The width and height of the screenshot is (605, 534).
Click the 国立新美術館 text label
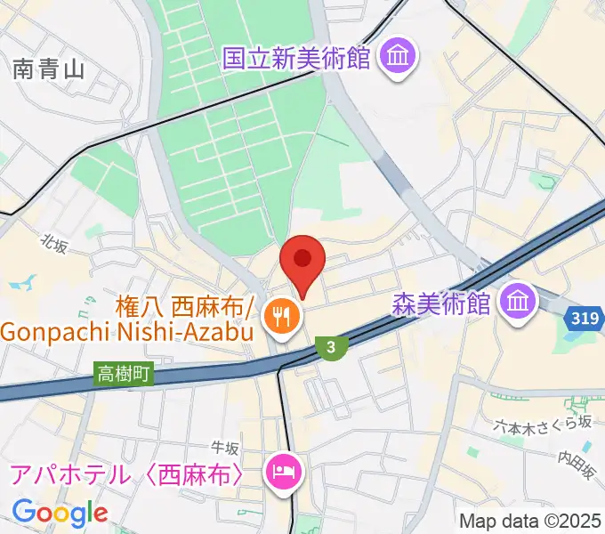(x=295, y=59)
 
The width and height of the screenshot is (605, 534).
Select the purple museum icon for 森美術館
(x=517, y=303)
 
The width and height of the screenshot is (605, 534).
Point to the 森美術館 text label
(x=441, y=304)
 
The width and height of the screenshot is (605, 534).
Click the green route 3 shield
(x=330, y=347)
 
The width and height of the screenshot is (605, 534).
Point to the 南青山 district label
(x=49, y=69)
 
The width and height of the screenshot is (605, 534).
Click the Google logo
(x=60, y=512)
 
